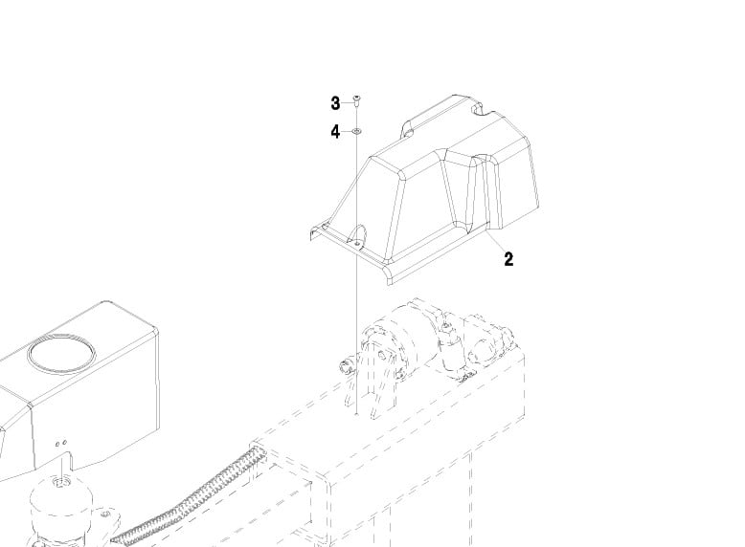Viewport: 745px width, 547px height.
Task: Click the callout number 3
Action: [x=335, y=103]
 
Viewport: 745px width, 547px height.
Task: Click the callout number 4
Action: [x=335, y=132]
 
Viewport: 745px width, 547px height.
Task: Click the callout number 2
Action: [x=508, y=259]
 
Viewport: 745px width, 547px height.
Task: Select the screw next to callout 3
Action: [x=356, y=99]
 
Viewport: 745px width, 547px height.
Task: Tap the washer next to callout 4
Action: [x=356, y=131]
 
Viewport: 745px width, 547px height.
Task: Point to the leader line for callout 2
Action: [x=496, y=241]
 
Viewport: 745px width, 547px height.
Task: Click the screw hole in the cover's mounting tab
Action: [x=357, y=243]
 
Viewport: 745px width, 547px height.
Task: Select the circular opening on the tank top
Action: [x=61, y=353]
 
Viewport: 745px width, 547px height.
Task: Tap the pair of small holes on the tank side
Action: [x=61, y=444]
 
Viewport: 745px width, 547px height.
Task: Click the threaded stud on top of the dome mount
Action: [x=60, y=483]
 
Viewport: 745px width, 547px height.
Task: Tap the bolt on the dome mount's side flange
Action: [x=106, y=514]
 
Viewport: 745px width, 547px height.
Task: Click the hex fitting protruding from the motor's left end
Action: [x=347, y=367]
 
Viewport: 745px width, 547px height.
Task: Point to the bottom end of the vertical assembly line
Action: [x=356, y=414]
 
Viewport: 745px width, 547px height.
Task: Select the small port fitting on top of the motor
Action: [x=446, y=325]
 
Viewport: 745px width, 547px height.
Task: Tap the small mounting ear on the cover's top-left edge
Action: [x=407, y=128]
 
